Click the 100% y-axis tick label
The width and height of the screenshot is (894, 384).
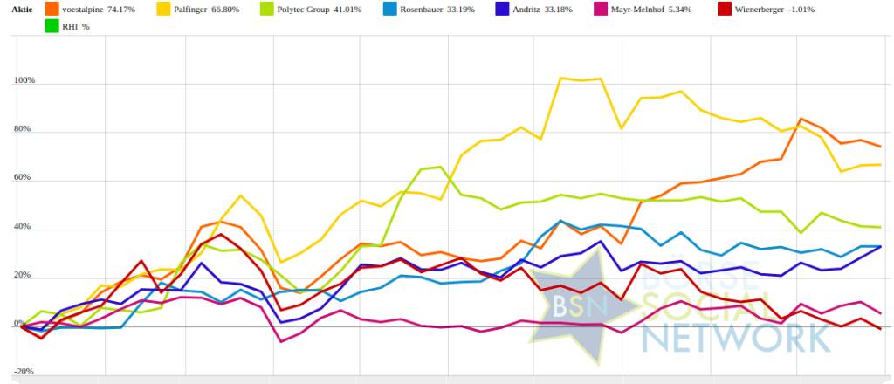point(24,81)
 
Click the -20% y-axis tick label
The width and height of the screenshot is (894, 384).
point(24,372)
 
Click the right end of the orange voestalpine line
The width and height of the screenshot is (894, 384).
point(879,146)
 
